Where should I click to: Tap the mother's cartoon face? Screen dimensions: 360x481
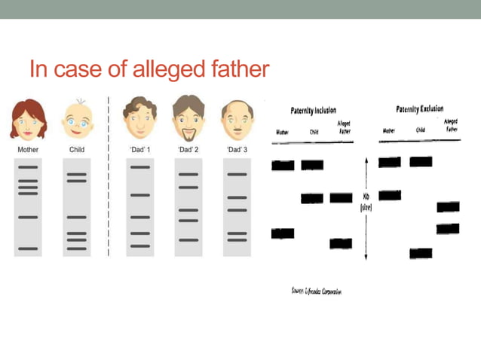click(28, 119)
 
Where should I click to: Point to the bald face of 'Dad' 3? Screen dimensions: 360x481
click(237, 119)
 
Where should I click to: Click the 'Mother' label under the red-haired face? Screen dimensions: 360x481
click(28, 150)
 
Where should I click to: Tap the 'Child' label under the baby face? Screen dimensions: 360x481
click(77, 150)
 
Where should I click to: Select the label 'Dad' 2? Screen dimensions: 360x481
click(188, 150)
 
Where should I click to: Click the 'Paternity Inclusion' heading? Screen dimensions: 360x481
click(313, 111)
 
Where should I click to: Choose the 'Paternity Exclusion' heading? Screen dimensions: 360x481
click(419, 109)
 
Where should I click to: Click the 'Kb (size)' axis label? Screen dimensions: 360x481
click(366, 202)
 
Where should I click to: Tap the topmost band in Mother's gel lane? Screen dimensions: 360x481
click(28, 166)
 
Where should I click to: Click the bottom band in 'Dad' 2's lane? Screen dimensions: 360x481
click(188, 239)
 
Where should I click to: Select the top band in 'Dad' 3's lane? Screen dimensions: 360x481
click(237, 175)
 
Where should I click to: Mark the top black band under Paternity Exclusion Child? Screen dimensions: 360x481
click(421, 161)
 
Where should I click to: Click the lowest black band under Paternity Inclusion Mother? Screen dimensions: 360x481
click(283, 233)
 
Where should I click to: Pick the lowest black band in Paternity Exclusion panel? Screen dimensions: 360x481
click(421, 253)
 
